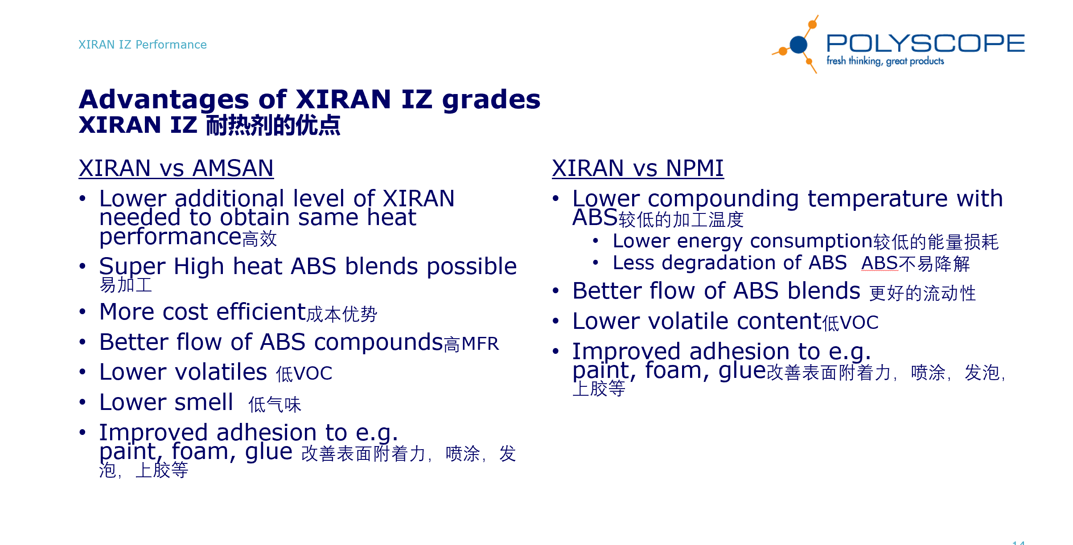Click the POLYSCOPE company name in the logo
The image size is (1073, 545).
[x=925, y=43]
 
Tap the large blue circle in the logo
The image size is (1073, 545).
[x=798, y=45]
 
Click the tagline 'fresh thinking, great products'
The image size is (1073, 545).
[x=885, y=61]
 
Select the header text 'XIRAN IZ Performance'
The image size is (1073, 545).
[x=142, y=45]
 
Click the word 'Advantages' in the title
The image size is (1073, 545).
[x=164, y=99]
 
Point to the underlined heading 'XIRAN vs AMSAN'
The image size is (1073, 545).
[x=176, y=168]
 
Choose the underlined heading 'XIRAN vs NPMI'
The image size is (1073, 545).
[x=637, y=168]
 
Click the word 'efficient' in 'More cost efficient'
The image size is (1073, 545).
[x=261, y=311]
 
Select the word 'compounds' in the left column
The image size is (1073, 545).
[x=378, y=343]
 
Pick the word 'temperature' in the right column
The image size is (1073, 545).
[x=877, y=199]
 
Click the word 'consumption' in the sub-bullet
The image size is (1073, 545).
[x=811, y=241]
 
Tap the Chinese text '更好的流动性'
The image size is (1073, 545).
[x=922, y=293]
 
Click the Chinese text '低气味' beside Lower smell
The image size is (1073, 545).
[x=275, y=405]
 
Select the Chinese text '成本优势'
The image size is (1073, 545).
[x=342, y=314]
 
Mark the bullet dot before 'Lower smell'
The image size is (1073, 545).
[x=82, y=402]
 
